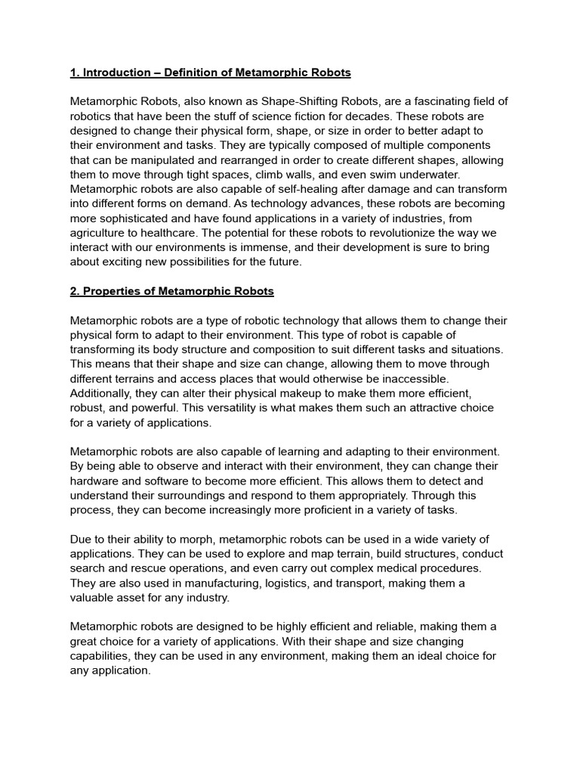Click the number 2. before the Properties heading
(75, 291)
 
